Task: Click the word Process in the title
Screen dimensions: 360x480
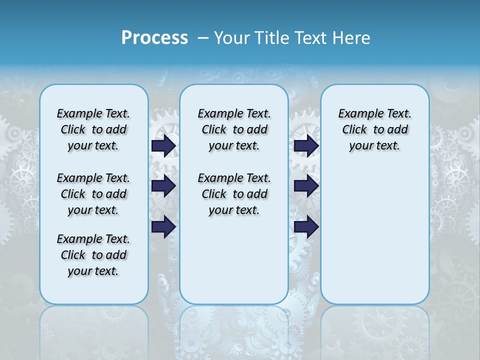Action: (x=154, y=38)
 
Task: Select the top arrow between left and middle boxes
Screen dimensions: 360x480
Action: (x=163, y=145)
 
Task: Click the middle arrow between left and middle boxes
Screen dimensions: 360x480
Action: (x=163, y=186)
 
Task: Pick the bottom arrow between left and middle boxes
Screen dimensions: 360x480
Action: (x=163, y=227)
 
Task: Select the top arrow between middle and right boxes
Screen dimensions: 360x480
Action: (x=306, y=145)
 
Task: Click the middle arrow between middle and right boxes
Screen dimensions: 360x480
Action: (x=306, y=186)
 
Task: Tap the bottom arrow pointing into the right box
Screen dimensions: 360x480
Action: (x=306, y=227)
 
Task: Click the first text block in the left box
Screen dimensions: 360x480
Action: (x=93, y=129)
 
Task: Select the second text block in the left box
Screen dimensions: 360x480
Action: (x=93, y=194)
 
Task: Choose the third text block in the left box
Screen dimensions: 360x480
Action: (x=93, y=255)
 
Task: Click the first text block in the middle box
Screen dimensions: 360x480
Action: (x=234, y=129)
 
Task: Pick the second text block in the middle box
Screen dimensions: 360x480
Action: (x=234, y=194)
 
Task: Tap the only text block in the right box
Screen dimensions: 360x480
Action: (x=374, y=129)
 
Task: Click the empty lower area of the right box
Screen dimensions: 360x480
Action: (x=374, y=235)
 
